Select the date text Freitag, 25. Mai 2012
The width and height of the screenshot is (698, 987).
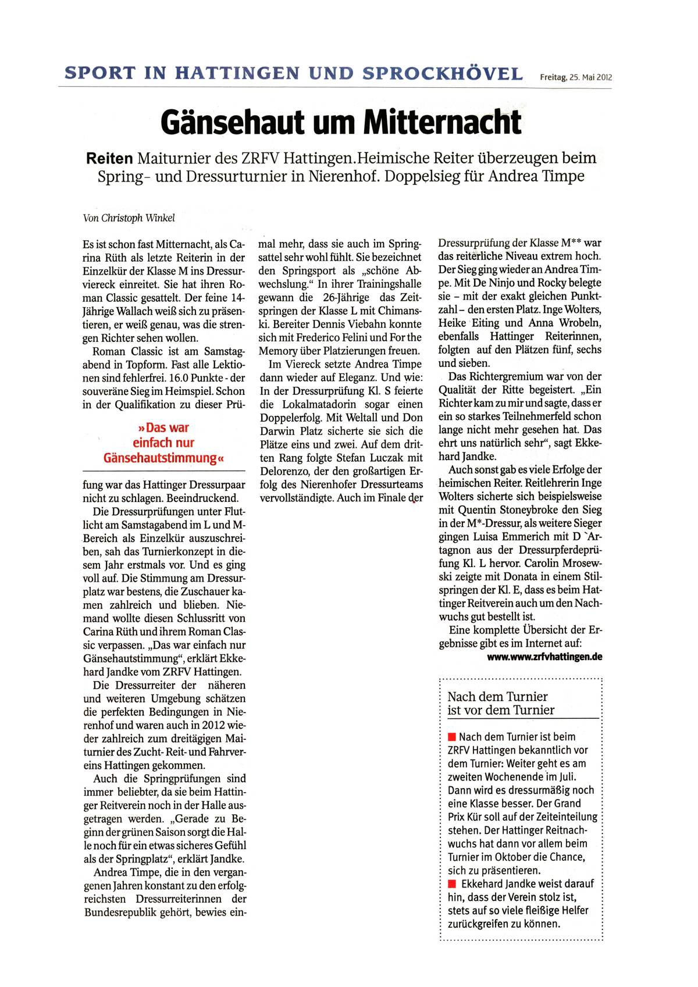[575, 77]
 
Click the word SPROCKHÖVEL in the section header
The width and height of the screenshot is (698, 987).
[443, 73]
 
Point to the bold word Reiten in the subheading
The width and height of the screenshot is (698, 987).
[109, 158]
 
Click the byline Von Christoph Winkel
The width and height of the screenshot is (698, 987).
[129, 218]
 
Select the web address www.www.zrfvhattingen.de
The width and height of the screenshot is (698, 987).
[544, 657]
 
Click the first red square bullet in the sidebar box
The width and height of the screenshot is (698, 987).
[452, 737]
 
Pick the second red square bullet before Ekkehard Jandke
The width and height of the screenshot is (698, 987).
[452, 884]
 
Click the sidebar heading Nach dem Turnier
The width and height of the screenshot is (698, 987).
[497, 697]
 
